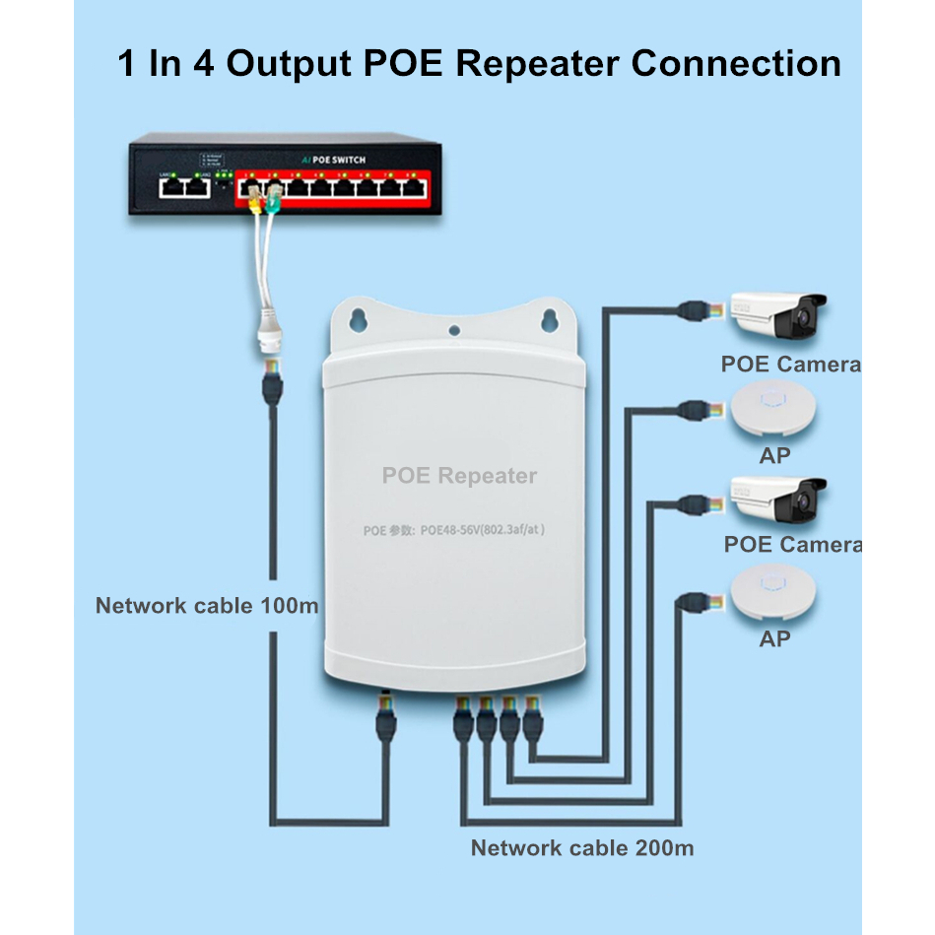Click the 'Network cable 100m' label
click(x=207, y=605)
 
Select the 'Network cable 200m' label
click(x=581, y=847)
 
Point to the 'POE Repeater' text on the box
click(x=459, y=476)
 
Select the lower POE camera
click(x=777, y=501)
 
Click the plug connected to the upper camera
click(x=693, y=307)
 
